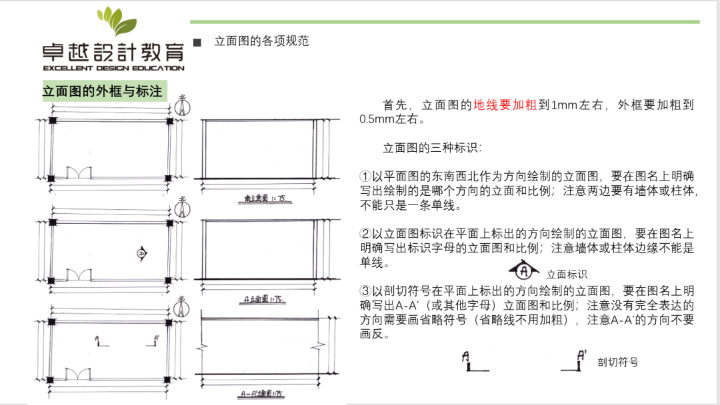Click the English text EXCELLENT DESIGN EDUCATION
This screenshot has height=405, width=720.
pyautogui.click(x=114, y=68)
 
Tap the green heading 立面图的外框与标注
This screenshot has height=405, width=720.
pyautogui.click(x=103, y=91)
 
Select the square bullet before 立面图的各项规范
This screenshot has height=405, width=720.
pyautogui.click(x=197, y=42)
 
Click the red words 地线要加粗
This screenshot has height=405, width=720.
pyautogui.click(x=505, y=105)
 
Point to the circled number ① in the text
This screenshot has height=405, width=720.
pyautogui.click(x=365, y=177)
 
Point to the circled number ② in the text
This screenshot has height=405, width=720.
pyautogui.click(x=365, y=234)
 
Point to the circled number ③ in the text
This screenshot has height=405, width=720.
pyautogui.click(x=365, y=291)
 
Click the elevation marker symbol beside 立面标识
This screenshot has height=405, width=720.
pyautogui.click(x=524, y=270)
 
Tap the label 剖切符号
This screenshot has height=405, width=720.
pyautogui.click(x=618, y=362)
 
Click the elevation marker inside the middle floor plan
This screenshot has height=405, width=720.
pyautogui.click(x=141, y=252)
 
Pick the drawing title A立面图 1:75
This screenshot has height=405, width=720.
pyautogui.click(x=261, y=300)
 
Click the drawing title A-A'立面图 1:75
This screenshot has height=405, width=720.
pyautogui.click(x=261, y=395)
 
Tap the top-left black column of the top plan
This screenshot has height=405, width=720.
pyautogui.click(x=53, y=121)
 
